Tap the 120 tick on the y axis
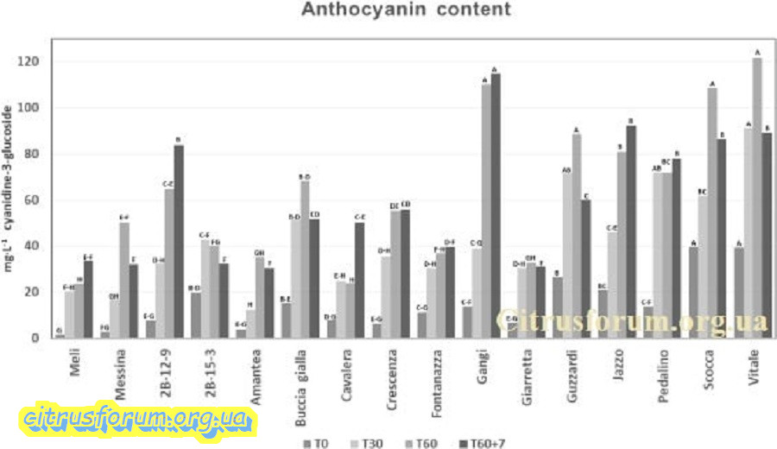click(33, 62)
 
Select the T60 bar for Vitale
click(757, 198)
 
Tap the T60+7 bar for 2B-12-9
click(178, 241)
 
